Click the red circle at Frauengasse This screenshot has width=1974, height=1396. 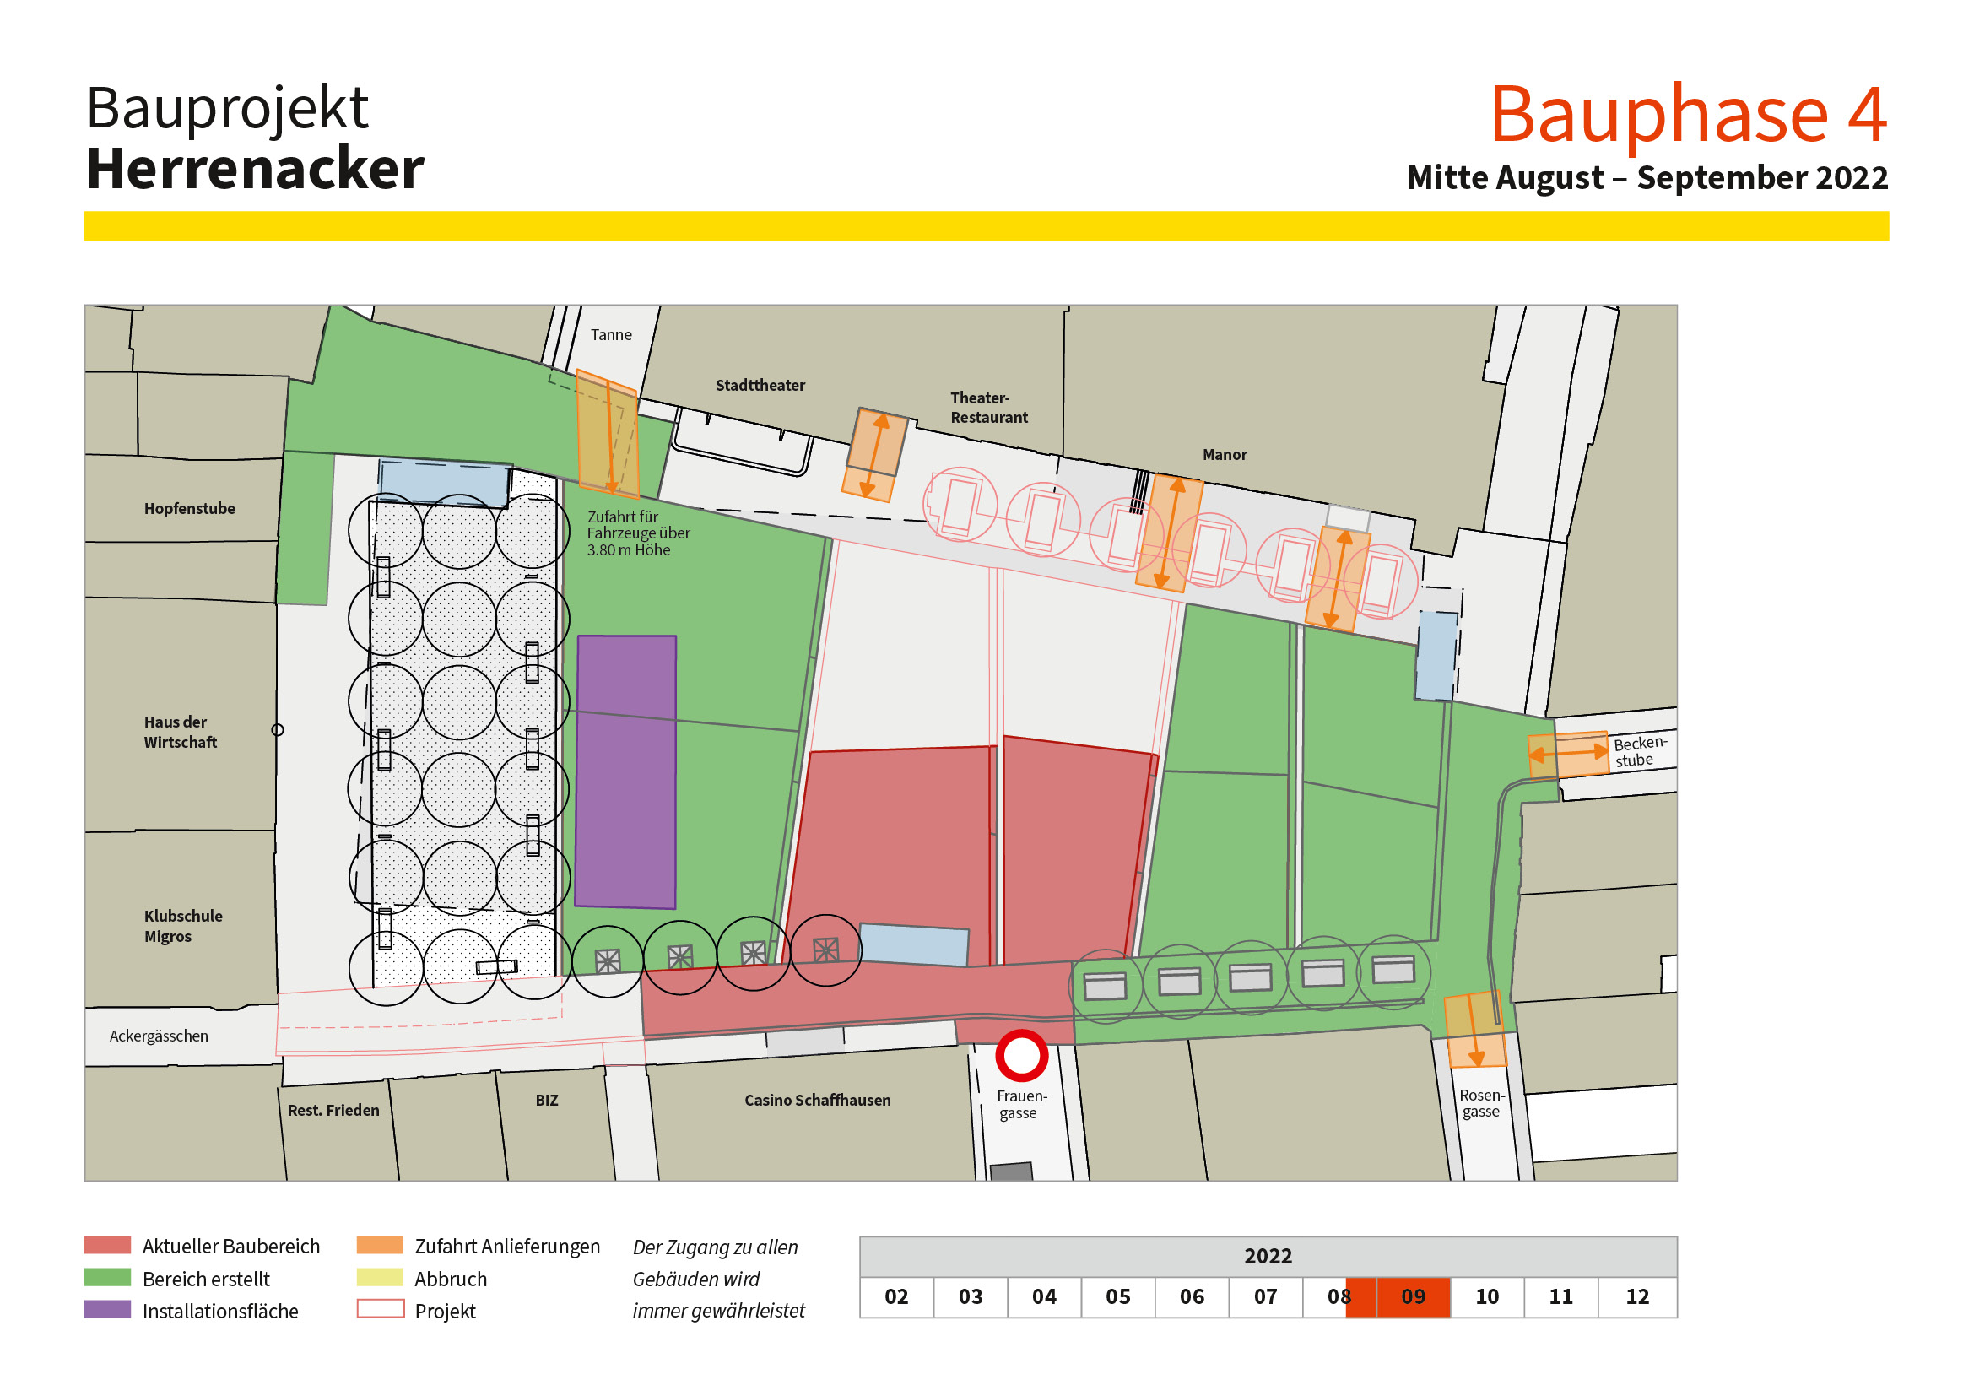coord(1021,1056)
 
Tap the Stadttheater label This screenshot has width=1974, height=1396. coord(760,385)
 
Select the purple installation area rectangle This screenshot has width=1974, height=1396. coord(626,771)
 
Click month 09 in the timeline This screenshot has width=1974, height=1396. coord(1413,1296)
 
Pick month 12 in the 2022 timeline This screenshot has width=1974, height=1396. coord(1637,1296)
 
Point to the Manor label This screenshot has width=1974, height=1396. coord(1225,455)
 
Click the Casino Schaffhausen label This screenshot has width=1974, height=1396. coord(817,1101)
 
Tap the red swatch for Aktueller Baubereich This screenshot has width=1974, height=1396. coord(107,1245)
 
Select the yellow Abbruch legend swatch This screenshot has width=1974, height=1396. coord(379,1277)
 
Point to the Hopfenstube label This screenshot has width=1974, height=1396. coord(189,508)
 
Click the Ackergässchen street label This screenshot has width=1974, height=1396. coord(158,1036)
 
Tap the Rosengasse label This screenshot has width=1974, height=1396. coord(1481,1103)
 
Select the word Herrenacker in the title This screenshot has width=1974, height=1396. coord(256,169)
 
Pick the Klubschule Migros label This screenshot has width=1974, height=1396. coord(182,926)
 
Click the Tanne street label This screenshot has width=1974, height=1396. coord(610,334)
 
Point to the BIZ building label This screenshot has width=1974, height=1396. coord(547,1101)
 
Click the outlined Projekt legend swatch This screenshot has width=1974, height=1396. coord(379,1309)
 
